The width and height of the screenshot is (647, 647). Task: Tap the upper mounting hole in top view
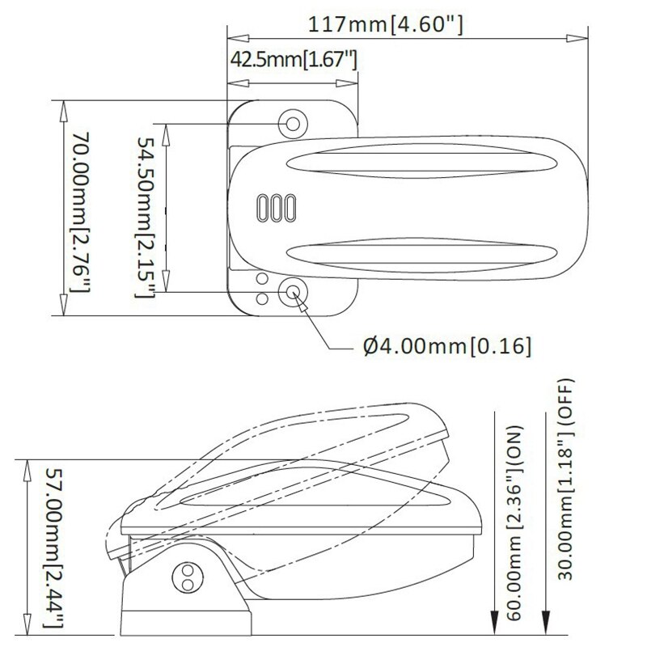click(x=292, y=123)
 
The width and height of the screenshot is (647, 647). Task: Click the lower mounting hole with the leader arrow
click(x=292, y=293)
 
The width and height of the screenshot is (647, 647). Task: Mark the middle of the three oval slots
click(x=275, y=207)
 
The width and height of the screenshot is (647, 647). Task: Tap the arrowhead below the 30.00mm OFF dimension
click(x=548, y=626)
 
